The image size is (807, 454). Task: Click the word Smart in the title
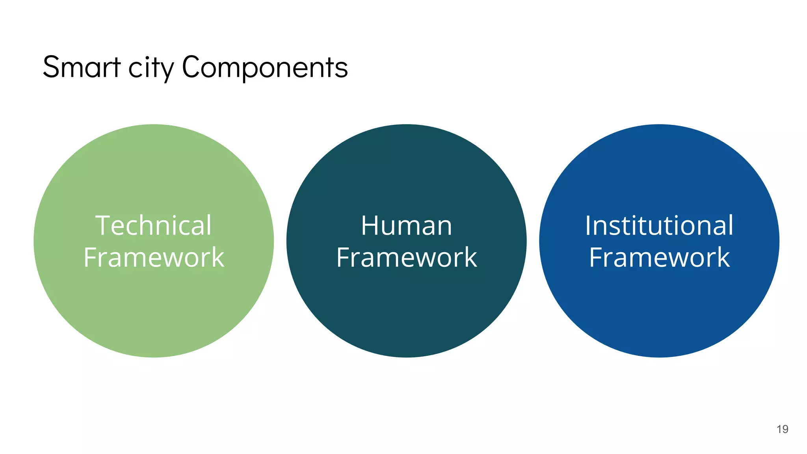click(x=81, y=67)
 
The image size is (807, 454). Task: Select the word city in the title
click(x=151, y=68)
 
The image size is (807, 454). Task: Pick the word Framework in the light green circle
click(x=154, y=257)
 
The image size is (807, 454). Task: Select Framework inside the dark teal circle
click(x=406, y=257)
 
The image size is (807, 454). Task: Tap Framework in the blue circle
click(x=659, y=257)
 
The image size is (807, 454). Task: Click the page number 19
click(x=782, y=429)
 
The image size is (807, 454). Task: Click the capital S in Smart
click(x=51, y=67)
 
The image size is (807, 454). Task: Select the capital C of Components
click(x=191, y=67)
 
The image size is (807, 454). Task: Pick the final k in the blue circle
click(x=722, y=257)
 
